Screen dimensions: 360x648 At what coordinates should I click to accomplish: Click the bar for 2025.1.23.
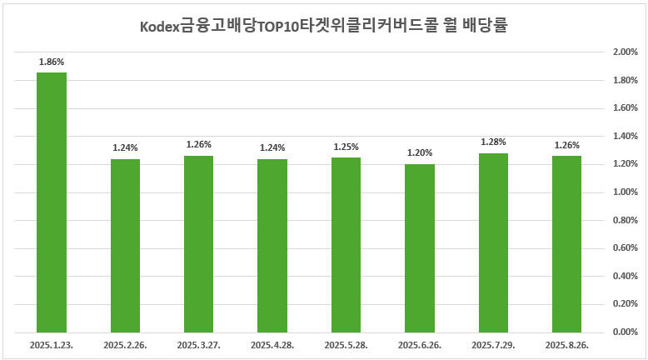(52, 202)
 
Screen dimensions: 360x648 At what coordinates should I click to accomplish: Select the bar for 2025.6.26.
(419, 248)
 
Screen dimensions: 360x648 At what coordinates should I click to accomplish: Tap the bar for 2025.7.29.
(493, 242)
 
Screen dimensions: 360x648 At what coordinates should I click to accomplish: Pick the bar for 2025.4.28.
(272, 246)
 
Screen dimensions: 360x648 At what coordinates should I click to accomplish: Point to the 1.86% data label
(52, 62)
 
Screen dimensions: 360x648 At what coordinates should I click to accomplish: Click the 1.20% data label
(419, 153)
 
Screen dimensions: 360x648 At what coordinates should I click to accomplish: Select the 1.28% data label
(493, 142)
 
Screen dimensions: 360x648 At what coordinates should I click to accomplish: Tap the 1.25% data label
(346, 147)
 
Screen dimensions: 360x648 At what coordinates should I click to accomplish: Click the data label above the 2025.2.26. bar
(125, 147)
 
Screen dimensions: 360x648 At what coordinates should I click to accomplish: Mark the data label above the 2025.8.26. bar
(566, 145)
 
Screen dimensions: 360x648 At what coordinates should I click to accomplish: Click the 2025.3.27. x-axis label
(199, 344)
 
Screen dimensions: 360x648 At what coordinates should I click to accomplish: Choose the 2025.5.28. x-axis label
(346, 344)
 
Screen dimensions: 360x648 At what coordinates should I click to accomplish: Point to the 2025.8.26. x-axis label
(566, 344)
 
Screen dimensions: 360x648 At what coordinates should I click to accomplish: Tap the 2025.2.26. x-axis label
(125, 344)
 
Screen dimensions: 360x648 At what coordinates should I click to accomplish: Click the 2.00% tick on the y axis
(624, 52)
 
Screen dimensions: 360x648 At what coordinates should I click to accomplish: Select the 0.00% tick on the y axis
(624, 332)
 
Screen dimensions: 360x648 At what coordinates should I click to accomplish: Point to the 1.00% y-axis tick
(624, 192)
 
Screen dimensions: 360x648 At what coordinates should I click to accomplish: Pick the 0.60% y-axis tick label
(624, 248)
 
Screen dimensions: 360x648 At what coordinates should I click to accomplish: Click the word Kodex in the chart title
(159, 26)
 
